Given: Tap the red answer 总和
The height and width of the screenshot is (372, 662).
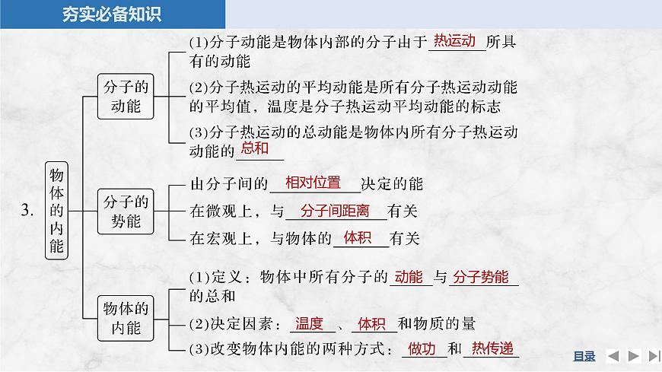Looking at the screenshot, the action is pyautogui.click(x=255, y=149).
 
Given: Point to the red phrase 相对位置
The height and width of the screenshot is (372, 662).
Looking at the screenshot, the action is pyautogui.click(x=313, y=183).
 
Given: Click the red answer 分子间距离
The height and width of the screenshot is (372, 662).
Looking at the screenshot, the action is pyautogui.click(x=335, y=211).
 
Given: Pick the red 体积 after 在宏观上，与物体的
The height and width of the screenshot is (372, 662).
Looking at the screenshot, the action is pyautogui.click(x=357, y=237).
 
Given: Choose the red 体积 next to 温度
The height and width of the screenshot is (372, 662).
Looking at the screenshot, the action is pyautogui.click(x=372, y=323).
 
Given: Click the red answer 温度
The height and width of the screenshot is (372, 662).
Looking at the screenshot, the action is pyautogui.click(x=310, y=323).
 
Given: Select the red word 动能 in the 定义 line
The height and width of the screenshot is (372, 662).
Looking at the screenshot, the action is pyautogui.click(x=409, y=277).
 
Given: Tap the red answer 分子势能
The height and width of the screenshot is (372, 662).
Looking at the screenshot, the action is pyautogui.click(x=481, y=277).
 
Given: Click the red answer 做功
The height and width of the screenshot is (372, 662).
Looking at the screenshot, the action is pyautogui.click(x=422, y=349).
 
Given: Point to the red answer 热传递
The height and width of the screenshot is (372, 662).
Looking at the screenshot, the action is pyautogui.click(x=492, y=349).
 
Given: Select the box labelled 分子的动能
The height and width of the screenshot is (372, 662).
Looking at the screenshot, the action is pyautogui.click(x=126, y=97).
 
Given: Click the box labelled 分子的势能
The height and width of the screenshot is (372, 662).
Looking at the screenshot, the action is pyautogui.click(x=126, y=211).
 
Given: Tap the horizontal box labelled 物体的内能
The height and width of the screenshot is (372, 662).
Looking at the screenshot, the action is pyautogui.click(x=126, y=317).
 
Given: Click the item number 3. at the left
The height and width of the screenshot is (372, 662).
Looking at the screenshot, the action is pyautogui.click(x=27, y=211).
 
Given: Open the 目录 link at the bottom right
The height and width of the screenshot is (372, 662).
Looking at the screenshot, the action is pyautogui.click(x=584, y=355).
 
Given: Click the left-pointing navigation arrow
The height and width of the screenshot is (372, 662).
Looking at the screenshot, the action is pyautogui.click(x=613, y=355).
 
